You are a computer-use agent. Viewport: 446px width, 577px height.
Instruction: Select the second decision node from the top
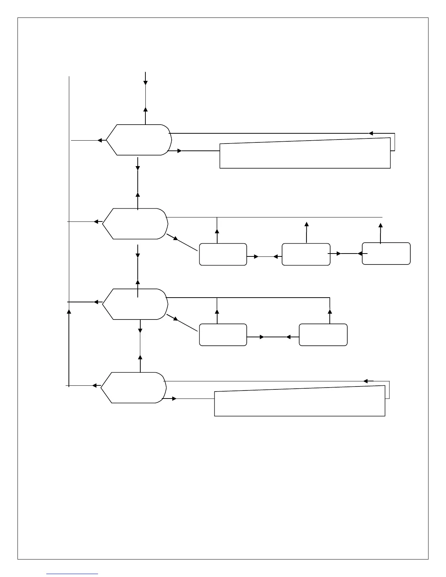coord(135,224)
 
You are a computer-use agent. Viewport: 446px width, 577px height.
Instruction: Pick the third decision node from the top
coord(135,304)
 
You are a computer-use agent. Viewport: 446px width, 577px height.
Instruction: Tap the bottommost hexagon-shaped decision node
coord(134,388)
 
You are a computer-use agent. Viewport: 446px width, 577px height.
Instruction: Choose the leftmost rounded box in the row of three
coord(223,254)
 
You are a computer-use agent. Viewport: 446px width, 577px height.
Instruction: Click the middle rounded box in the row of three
coord(306,254)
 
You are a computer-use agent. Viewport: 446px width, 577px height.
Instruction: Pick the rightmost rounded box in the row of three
coord(386,253)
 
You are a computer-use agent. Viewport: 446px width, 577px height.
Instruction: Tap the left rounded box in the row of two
coord(223,334)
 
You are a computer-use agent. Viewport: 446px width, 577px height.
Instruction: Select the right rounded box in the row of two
coord(323,334)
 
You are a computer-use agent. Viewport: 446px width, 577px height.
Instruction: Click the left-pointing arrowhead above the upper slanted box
coord(371,133)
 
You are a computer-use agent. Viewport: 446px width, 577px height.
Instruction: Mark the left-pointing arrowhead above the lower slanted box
coord(365,381)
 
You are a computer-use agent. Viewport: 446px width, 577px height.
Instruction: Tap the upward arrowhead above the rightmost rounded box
coord(381,225)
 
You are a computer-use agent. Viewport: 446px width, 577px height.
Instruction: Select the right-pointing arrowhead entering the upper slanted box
coord(180,151)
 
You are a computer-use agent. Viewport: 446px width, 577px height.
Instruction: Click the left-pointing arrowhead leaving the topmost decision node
coord(99,140)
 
